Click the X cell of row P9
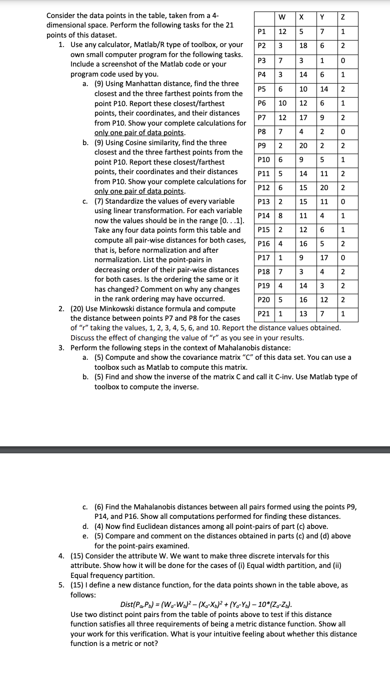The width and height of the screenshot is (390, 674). pyautogui.click(x=302, y=146)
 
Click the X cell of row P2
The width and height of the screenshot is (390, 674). pyautogui.click(x=302, y=46)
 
